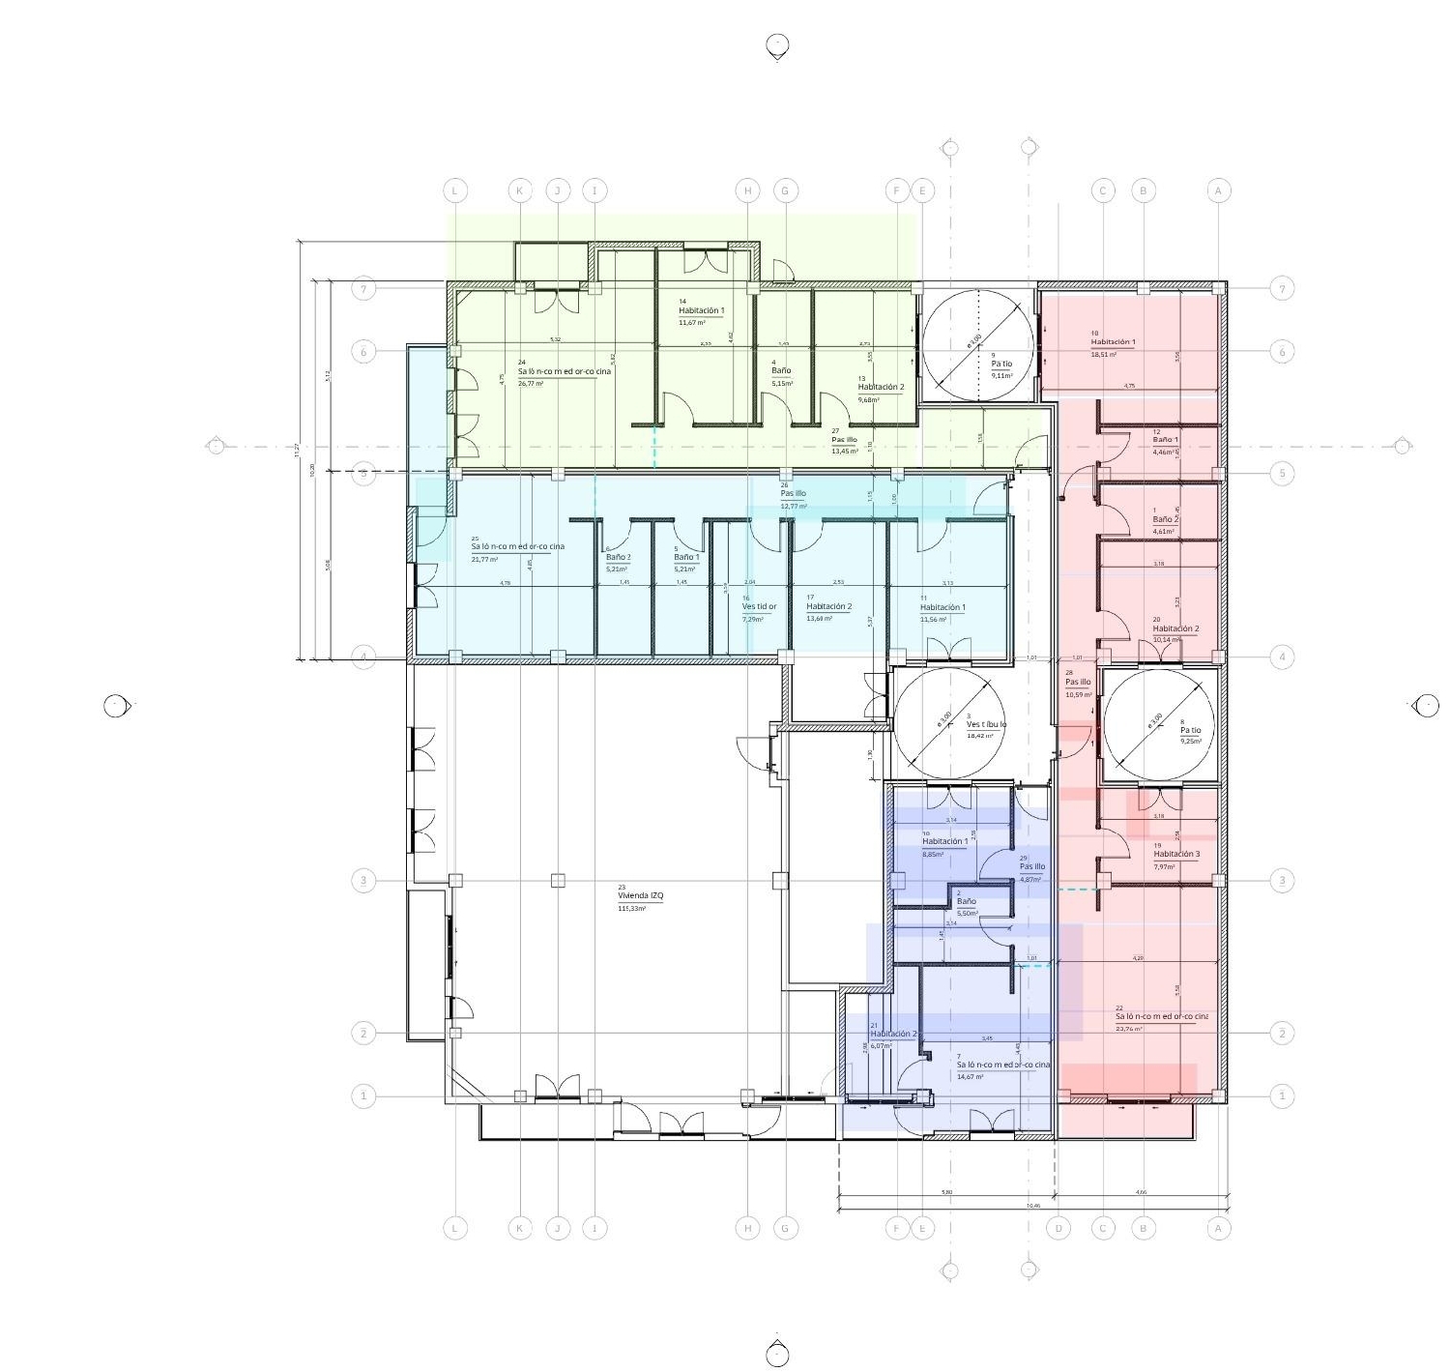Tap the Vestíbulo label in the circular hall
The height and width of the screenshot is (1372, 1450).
[986, 724]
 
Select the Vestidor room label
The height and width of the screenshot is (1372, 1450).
[759, 607]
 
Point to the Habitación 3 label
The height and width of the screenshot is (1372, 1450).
[1176, 855]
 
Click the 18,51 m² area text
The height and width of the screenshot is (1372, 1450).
[1104, 355]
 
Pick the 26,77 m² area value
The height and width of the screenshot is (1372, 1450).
[531, 384]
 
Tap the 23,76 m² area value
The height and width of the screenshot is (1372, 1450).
[1128, 1029]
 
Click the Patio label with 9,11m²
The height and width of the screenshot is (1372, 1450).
[1001, 365]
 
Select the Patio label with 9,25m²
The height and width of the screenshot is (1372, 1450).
[1190, 731]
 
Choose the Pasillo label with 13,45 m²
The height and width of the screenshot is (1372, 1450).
[844, 440]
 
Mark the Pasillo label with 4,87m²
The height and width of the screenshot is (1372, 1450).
[1032, 867]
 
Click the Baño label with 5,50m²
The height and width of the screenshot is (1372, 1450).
[966, 902]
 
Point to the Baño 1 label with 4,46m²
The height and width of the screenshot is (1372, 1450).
[1165, 440]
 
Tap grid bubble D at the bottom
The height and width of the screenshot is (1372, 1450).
[1058, 1229]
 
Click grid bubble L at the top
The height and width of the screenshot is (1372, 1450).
[455, 190]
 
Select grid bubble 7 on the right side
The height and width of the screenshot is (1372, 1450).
[1282, 288]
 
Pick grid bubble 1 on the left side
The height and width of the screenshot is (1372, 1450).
[363, 1096]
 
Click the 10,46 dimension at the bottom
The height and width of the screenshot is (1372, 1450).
[1033, 1206]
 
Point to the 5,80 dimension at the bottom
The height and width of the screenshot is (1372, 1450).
[946, 1192]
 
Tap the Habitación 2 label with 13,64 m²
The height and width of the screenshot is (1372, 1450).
[828, 607]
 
